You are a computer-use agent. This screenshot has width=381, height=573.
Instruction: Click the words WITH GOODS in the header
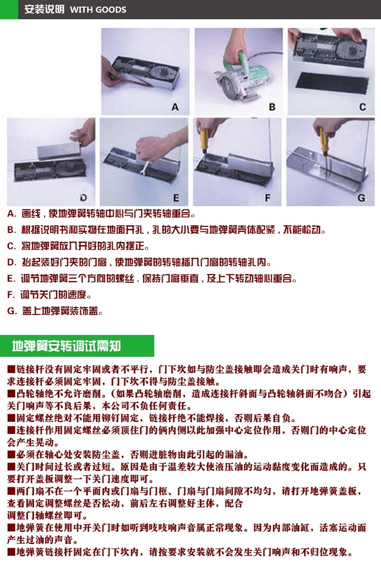point(98,10)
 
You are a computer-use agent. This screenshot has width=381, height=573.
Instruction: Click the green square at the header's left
point(9,10)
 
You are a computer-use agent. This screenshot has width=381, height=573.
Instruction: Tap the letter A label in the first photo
point(175,107)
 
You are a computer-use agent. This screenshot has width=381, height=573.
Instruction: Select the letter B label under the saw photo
point(272,107)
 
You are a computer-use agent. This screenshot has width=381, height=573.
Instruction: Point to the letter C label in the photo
point(362,107)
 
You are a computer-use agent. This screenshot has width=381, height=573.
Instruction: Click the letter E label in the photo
point(176,198)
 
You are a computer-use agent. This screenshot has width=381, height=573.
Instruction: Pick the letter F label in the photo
point(268,198)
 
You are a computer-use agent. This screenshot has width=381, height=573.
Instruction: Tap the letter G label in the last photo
point(361,198)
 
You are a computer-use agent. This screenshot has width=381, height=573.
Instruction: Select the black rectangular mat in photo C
point(331,83)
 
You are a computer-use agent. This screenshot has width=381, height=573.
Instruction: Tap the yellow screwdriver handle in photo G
point(323,140)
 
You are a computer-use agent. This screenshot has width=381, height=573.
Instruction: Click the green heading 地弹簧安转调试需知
point(66,346)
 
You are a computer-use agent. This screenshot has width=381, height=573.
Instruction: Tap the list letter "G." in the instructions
point(12,311)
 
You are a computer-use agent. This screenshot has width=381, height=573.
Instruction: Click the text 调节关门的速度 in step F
point(55,294)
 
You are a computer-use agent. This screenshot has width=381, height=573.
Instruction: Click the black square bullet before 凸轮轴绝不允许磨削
point(11,393)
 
